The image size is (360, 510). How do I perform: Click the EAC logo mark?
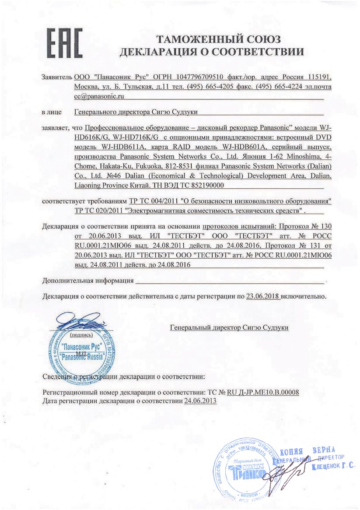[x=64, y=43]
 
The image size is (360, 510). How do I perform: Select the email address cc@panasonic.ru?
[x=99, y=95]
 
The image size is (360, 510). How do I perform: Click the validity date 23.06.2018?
[x=262, y=296]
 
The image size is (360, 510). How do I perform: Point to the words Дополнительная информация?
[x=87, y=280]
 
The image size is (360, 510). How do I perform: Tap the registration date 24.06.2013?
[x=201, y=401]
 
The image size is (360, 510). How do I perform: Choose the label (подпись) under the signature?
[x=81, y=334]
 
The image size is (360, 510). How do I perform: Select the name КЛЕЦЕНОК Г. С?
[x=333, y=467]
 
